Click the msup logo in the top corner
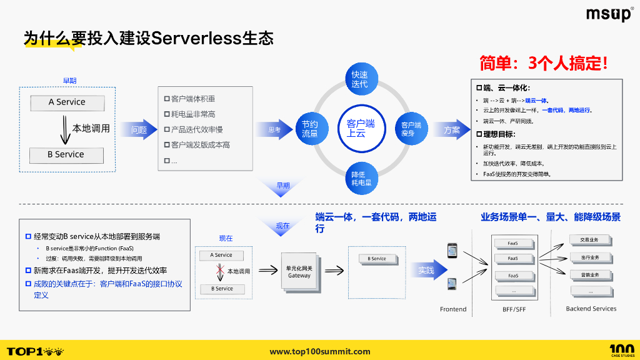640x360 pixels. pos(609,14)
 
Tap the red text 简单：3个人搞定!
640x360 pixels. pos(543,63)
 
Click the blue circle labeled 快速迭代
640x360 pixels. pos(359,79)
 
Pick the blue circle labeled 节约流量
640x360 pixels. pos(310,129)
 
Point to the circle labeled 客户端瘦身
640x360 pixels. pos(411,129)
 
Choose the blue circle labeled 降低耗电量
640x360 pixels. pos(361,178)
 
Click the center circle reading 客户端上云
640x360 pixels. pos(360,128)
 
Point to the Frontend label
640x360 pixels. pos(453,309)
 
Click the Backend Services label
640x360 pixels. pos(591,309)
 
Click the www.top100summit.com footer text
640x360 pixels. pos(320,351)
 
